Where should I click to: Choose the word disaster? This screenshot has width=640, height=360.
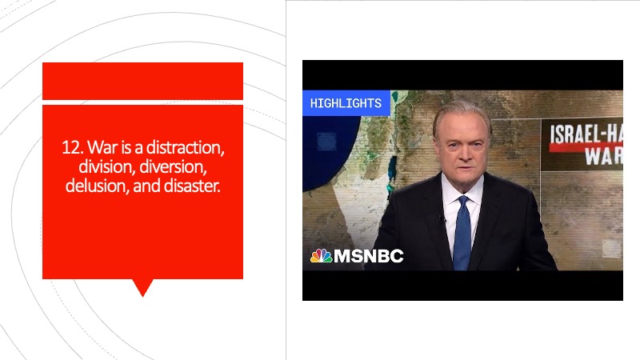click(192, 186)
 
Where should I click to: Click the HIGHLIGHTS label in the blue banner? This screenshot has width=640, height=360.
click(346, 103)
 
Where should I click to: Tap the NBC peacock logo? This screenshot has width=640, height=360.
click(322, 256)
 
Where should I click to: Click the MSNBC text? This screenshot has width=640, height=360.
click(369, 256)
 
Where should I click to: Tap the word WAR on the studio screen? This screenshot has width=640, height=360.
click(604, 155)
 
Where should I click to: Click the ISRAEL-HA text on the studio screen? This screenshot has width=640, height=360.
click(586, 134)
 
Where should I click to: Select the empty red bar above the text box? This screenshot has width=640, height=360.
click(143, 81)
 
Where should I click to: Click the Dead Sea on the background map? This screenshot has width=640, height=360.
click(392, 170)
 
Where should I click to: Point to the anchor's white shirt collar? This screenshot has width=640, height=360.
click(462, 190)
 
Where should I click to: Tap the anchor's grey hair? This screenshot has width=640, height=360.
click(462, 114)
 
